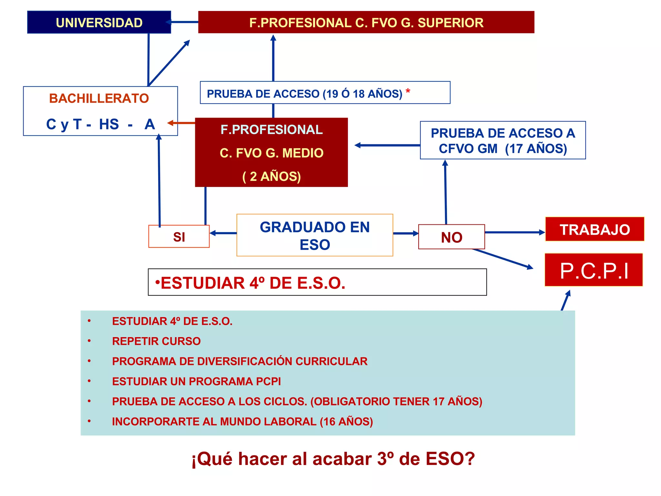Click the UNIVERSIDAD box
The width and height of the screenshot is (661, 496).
tap(99, 22)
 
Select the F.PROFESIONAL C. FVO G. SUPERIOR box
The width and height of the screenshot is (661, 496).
tap(366, 22)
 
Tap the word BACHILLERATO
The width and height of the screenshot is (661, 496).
tap(99, 98)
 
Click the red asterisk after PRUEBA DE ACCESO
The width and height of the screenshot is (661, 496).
tap(408, 92)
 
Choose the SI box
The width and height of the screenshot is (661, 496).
tap(179, 237)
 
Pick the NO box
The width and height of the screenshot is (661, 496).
tap(452, 237)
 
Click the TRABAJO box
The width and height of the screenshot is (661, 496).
tap(595, 229)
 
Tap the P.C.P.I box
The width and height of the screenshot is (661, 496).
tap(594, 270)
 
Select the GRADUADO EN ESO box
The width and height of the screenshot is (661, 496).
tap(315, 235)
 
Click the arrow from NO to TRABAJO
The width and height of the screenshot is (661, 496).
tap(515, 232)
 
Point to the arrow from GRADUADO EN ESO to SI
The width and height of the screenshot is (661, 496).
tap(223, 233)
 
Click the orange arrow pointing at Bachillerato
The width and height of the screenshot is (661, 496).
tap(181, 123)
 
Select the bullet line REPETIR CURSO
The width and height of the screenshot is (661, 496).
tap(156, 341)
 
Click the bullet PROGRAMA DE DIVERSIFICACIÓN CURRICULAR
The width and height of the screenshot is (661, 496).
tap(239, 361)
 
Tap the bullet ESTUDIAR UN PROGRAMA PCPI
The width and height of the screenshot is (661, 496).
tap(196, 381)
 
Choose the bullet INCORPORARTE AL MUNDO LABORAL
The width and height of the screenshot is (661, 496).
tap(242, 421)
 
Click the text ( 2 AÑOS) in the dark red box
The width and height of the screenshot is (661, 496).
tap(271, 176)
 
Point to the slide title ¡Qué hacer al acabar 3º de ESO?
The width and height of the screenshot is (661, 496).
tap(333, 459)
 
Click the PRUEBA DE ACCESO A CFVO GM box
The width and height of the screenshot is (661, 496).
tap(503, 140)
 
